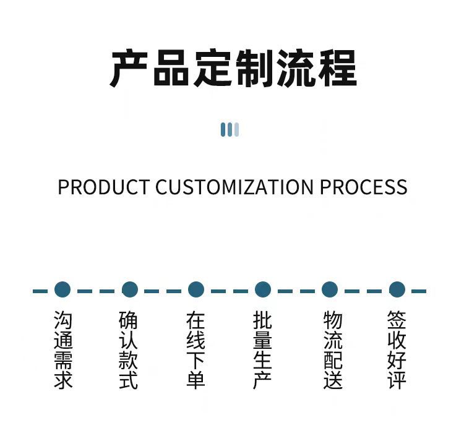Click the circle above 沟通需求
click(62, 289)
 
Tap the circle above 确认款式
click(129, 289)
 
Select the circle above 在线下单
click(196, 289)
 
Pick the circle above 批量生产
click(263, 289)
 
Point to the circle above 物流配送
click(330, 289)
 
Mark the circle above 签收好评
click(397, 289)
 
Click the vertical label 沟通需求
click(63, 350)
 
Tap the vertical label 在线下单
click(195, 350)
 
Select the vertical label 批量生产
click(262, 350)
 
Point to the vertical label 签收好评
click(397, 350)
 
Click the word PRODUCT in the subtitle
click(103, 187)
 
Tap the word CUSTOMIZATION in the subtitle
click(235, 187)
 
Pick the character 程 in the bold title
click(337, 68)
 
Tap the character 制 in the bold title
click(254, 68)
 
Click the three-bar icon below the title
click(230, 129)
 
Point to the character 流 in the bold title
click(295, 68)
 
